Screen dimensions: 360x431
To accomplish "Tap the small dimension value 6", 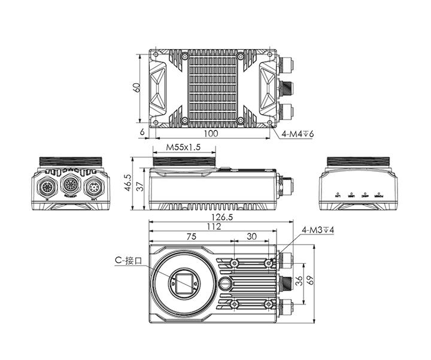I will pyautogui.click(x=142, y=132).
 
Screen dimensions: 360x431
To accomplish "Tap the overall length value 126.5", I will pyautogui.click(x=222, y=218).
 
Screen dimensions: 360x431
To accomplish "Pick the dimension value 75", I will pyautogui.click(x=191, y=236).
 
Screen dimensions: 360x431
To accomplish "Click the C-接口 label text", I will pyautogui.click(x=129, y=261).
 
